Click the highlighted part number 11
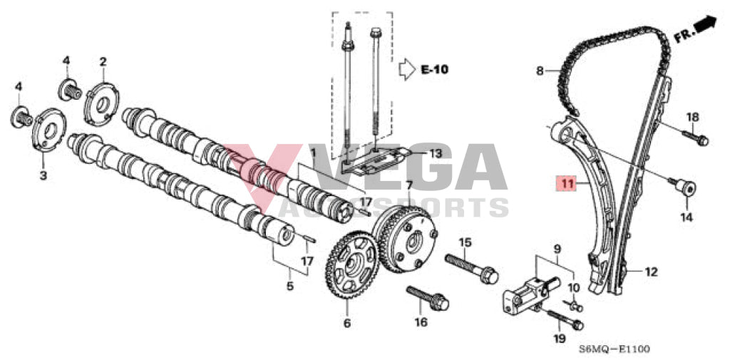coord(567,185)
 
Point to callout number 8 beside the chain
coord(540,71)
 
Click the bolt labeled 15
coord(472,268)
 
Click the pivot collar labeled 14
coord(684,190)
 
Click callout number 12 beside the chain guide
coord(651,272)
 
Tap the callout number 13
coord(435,153)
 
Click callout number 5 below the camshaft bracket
coord(290,287)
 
